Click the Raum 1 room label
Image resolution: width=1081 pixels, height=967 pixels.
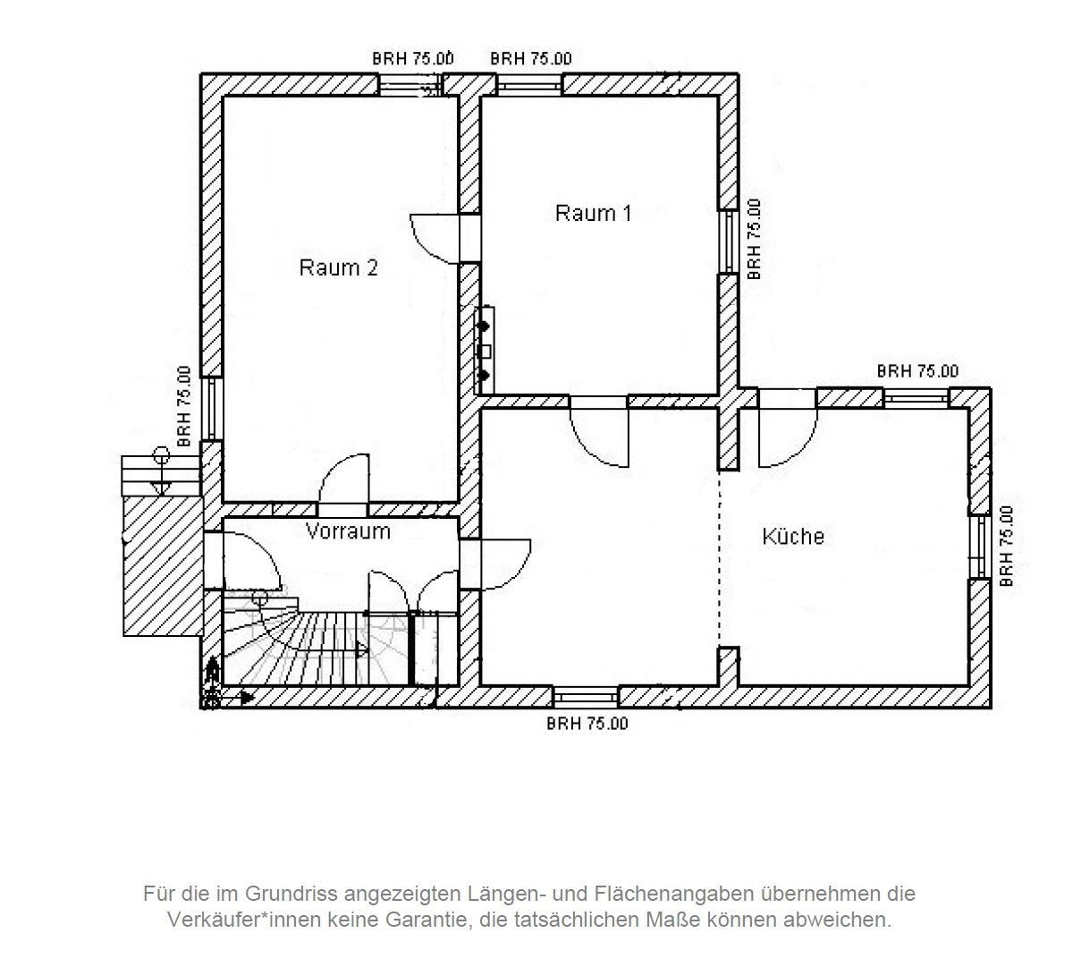click(x=593, y=214)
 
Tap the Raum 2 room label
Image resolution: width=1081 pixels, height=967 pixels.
click(x=338, y=267)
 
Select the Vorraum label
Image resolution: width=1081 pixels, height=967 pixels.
click(x=348, y=531)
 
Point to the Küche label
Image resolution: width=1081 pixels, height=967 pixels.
click(x=793, y=537)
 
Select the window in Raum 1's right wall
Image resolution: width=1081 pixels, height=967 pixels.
click(x=729, y=242)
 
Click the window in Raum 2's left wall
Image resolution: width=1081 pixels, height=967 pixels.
click(x=211, y=408)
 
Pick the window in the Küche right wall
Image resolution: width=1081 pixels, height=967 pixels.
click(x=981, y=546)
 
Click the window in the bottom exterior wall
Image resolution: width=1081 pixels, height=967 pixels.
click(x=586, y=695)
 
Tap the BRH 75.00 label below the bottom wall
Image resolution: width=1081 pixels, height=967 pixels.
click(x=587, y=723)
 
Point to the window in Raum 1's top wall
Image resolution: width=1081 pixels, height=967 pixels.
click(x=529, y=85)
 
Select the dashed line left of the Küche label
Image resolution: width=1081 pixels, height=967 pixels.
click(x=721, y=555)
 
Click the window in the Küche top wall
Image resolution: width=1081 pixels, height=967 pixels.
click(x=916, y=396)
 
